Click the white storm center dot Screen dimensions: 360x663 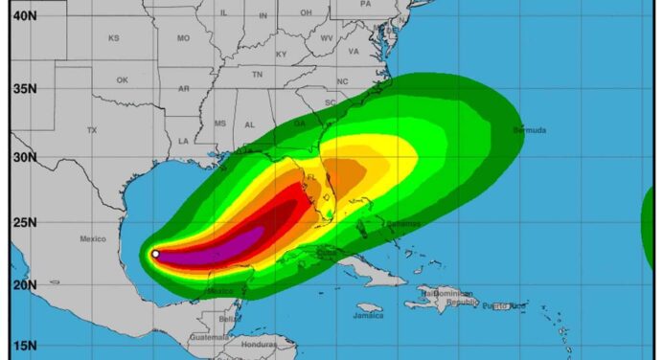point(155,254)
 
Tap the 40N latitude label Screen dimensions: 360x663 point(24,15)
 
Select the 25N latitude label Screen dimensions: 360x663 point(24,223)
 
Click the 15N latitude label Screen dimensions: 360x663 point(24,347)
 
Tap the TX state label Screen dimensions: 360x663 point(92,129)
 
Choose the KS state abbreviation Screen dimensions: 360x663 point(113,38)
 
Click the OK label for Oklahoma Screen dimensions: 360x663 point(123,79)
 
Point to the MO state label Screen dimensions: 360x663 point(183,38)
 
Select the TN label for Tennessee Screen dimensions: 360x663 point(257,74)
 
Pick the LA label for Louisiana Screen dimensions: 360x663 point(184,142)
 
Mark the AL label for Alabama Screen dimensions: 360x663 point(249,124)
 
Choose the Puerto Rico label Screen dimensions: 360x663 point(503,306)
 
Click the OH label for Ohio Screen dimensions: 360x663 point(306,12)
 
